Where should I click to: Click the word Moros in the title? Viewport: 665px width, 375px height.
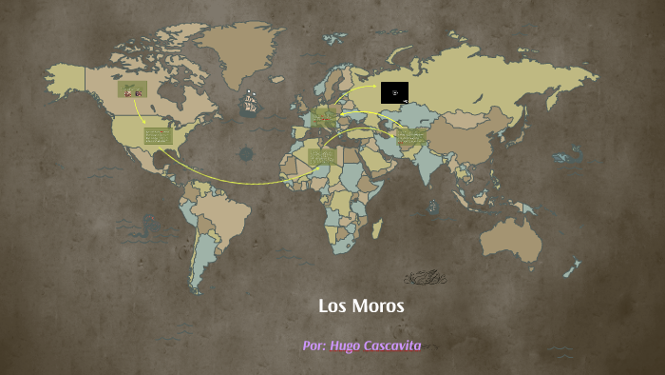[x=378, y=306]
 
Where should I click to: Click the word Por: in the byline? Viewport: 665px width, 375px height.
[x=314, y=345]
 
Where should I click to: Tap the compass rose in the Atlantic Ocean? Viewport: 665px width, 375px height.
[x=247, y=153]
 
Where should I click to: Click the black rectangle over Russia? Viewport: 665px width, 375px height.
[x=394, y=92]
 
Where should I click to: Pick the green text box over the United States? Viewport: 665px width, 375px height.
[x=158, y=136]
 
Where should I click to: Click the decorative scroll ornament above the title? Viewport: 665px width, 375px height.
[x=425, y=278]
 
